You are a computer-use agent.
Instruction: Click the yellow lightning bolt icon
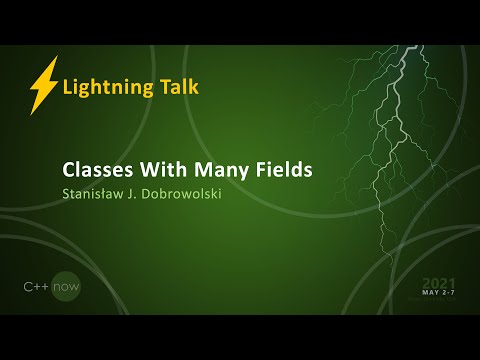(43, 86)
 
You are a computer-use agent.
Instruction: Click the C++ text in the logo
(37, 287)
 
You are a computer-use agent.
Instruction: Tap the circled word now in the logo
(66, 287)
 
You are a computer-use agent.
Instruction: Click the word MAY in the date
(430, 294)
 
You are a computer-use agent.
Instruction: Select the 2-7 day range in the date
(449, 294)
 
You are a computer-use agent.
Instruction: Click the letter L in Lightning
(67, 87)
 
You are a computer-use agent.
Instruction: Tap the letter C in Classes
(69, 169)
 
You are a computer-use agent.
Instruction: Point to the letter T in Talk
(163, 86)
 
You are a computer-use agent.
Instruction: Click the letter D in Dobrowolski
(157, 193)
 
